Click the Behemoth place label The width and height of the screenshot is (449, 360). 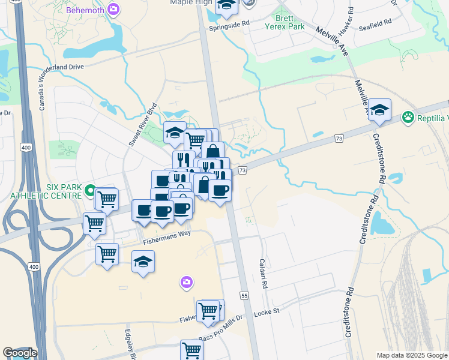pyautogui.click(x=84, y=10)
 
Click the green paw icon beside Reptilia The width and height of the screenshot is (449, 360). pyautogui.click(x=409, y=116)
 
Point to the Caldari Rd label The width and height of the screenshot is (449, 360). pyautogui.click(x=262, y=273)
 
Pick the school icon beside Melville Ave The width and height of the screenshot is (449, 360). pyautogui.click(x=379, y=110)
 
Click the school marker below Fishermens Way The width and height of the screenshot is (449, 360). pyautogui.click(x=143, y=262)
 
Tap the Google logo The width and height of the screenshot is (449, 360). pyautogui.click(x=19, y=353)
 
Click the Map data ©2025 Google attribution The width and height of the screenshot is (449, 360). pyautogui.click(x=411, y=355)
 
